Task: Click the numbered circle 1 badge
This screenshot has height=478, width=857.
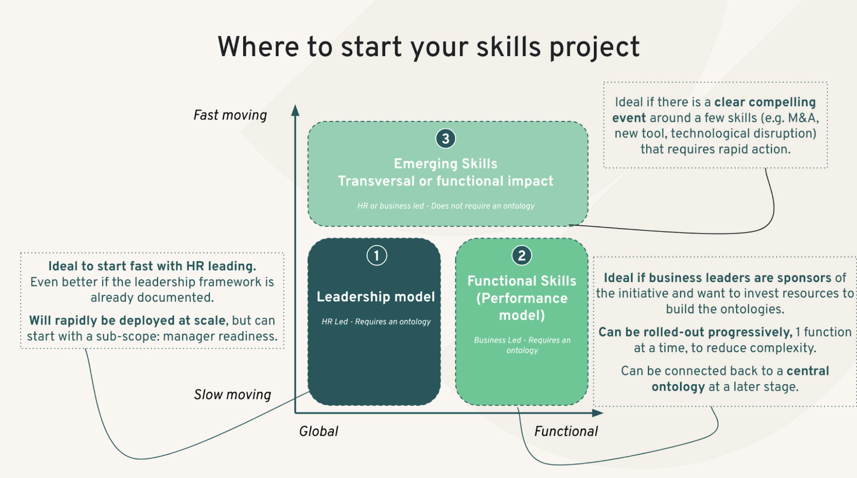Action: point(377,256)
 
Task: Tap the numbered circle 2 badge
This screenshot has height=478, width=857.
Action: point(521,256)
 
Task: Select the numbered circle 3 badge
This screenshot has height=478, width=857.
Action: point(445,139)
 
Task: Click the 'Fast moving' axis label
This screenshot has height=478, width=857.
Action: point(230,115)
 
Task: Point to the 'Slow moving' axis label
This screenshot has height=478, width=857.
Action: point(232,395)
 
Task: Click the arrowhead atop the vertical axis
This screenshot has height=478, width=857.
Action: point(295,110)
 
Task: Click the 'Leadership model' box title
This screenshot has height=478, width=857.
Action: point(375,297)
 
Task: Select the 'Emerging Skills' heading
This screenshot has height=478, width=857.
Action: point(445,164)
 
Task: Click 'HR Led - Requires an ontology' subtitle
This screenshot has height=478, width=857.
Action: point(376,322)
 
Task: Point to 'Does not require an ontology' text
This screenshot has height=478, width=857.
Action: point(483,206)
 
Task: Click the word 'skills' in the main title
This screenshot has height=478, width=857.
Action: point(508,47)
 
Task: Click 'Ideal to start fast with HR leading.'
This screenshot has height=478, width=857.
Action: point(152,266)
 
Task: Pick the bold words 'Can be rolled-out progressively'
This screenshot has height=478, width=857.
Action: point(695,332)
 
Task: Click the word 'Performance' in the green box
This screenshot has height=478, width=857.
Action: point(522,298)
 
